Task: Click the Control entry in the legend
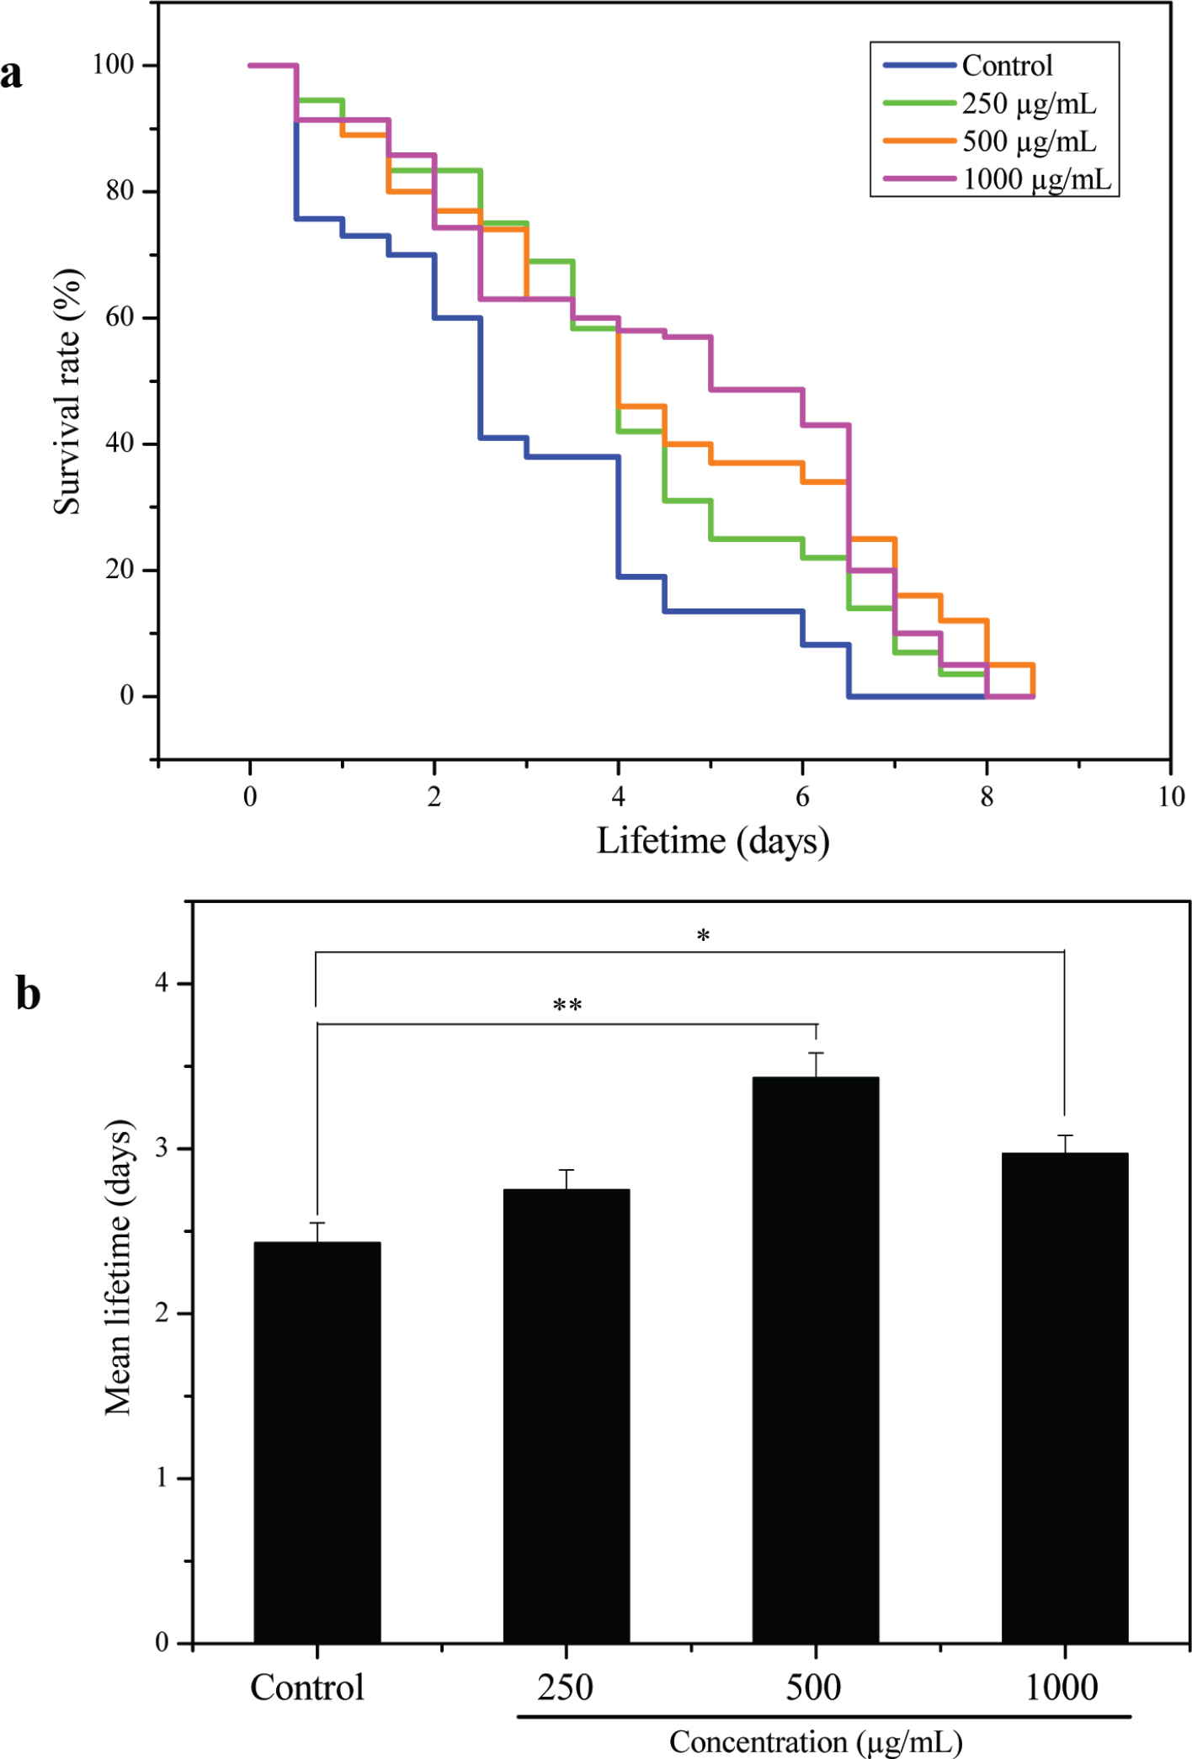point(1007,66)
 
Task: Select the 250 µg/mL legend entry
point(1029,104)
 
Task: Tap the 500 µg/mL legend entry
point(1029,141)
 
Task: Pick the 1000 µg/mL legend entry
point(1036,179)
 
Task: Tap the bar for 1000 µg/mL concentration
point(1065,1397)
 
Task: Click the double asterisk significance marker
point(567,1006)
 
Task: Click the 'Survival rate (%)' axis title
point(67,391)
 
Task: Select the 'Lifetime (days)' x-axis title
point(713,841)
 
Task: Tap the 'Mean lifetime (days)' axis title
point(118,1267)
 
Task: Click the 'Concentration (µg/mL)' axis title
point(816,1741)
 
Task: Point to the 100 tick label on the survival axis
point(114,65)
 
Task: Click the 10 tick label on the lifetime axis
point(1171,796)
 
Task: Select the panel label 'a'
point(12,74)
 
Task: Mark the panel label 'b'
point(28,993)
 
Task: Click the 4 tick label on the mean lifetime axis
point(162,982)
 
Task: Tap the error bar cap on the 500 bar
point(816,1053)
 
